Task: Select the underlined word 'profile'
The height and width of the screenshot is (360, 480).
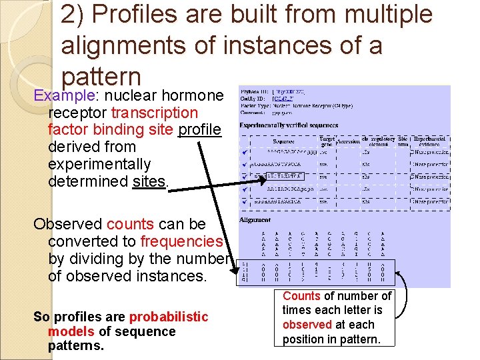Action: (199, 129)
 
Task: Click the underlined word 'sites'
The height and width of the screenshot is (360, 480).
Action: (149, 181)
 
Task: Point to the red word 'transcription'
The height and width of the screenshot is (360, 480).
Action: (154, 113)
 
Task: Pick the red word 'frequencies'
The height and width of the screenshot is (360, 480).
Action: (181, 241)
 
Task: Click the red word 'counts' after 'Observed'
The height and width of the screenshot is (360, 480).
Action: (129, 224)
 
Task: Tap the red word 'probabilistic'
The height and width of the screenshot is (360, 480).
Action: (168, 317)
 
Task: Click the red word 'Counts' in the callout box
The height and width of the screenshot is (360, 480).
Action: (302, 296)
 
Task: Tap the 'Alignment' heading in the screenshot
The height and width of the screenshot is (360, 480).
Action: (255, 219)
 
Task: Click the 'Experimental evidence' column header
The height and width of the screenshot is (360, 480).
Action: (431, 141)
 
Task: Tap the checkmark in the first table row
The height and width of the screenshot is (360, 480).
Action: (245, 153)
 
